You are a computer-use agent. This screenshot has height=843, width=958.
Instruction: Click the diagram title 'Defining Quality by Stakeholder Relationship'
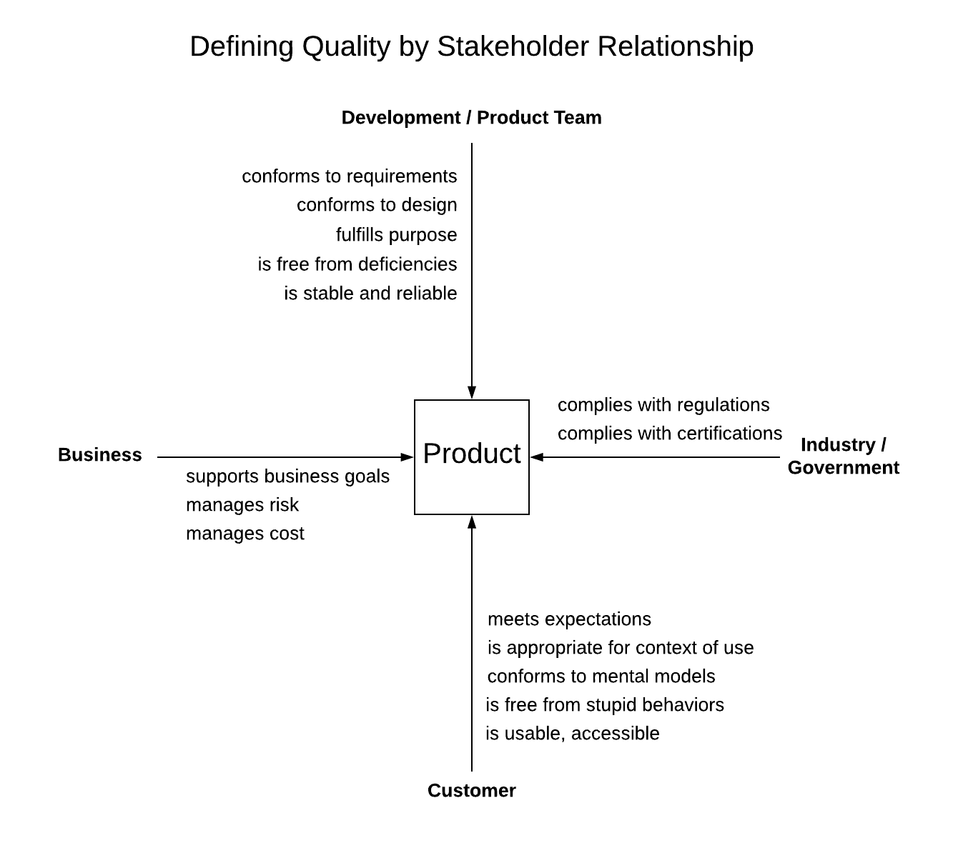471,46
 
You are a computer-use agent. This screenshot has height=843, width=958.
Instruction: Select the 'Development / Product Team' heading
471,118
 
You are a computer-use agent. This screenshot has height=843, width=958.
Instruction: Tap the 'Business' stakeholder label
100,455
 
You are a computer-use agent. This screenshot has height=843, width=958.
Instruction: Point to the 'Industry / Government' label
843,456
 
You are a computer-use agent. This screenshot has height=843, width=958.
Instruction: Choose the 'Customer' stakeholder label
471,791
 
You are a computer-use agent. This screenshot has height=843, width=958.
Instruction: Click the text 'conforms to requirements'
349,176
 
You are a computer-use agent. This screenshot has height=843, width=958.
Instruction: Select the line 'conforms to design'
377,205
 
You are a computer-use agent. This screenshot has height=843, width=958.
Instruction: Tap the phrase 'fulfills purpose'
396,235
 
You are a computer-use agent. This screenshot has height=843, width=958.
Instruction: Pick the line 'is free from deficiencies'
357,264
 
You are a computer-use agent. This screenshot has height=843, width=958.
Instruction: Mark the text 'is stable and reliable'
370,294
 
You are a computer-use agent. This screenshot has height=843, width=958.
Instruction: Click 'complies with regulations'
663,405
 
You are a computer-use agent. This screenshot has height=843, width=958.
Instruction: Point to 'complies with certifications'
670,434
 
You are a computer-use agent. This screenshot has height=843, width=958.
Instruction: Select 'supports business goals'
287,477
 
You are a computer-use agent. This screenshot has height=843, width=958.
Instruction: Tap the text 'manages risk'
242,505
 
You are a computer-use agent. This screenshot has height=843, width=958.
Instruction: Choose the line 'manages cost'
245,534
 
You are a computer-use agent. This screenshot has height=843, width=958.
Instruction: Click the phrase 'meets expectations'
569,619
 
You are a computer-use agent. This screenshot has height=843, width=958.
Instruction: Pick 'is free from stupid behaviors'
605,705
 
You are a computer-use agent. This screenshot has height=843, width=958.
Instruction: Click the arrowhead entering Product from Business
408,457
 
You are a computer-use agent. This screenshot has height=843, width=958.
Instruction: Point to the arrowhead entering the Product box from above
472,393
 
